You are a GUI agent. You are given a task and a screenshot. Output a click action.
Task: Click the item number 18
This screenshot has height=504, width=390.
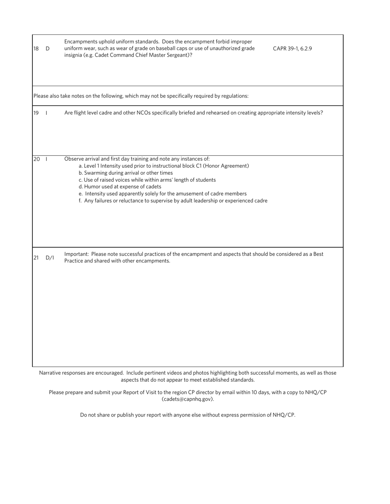point(36,48)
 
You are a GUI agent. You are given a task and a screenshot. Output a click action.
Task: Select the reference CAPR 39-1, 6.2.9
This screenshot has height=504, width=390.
point(292,48)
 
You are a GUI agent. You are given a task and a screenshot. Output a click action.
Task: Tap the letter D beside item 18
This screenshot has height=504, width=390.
point(48,48)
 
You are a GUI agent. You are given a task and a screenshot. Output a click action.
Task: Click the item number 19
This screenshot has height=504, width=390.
point(36,113)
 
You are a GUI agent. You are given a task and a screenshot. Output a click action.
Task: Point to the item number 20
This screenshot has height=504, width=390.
point(37,159)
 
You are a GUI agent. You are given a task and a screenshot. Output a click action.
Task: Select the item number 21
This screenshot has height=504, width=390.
point(36,258)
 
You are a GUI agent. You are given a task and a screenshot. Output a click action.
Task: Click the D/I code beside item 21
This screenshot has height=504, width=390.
point(50,258)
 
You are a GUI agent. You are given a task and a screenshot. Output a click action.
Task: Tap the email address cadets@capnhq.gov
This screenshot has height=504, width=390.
point(188,399)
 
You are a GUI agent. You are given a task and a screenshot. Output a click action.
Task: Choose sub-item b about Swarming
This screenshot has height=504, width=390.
point(126,173)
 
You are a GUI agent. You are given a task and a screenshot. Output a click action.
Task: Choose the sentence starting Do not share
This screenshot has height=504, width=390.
point(188,415)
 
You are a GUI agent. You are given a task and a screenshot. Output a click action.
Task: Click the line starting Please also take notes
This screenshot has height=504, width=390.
point(141,96)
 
